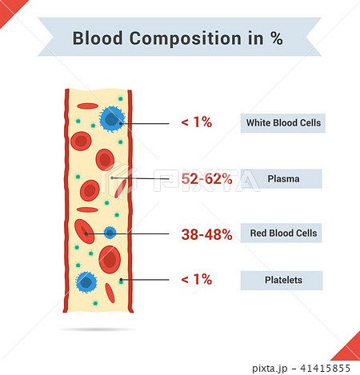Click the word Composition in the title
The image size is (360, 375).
(186, 39)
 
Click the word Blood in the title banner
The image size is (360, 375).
(98, 38)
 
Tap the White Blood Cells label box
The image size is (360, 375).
(283, 123)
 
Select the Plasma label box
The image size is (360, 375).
(282, 178)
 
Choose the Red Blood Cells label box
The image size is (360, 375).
(281, 233)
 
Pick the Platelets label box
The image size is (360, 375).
(282, 281)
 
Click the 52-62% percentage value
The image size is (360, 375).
(206, 178)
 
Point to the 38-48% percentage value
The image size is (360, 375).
(206, 234)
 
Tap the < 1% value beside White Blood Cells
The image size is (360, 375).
(197, 122)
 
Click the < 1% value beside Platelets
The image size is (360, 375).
(197, 279)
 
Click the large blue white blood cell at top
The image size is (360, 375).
(112, 119)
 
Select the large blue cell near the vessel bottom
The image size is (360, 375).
(86, 282)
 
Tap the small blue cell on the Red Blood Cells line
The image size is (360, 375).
(110, 233)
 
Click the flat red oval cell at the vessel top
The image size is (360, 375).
(88, 106)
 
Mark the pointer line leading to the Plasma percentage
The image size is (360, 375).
(140, 178)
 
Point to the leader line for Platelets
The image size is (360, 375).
(145, 280)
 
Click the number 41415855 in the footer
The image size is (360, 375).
(325, 369)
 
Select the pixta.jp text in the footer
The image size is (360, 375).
(270, 369)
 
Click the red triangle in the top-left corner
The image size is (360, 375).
(10, 10)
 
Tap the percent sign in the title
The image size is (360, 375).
(277, 38)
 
